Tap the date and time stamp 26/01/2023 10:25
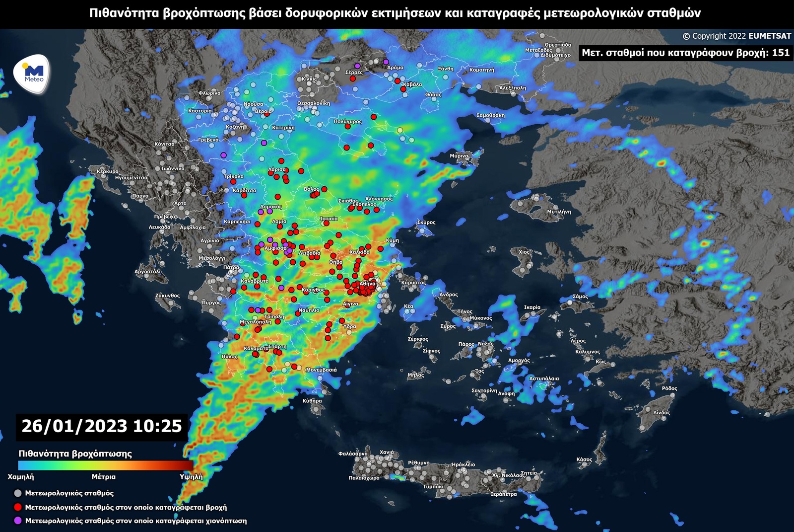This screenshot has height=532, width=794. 102,426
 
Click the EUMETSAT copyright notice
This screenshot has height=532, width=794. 736,36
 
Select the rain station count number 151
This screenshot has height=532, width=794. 781,53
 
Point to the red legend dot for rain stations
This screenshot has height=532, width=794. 18,507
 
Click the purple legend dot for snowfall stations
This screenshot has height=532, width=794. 18,521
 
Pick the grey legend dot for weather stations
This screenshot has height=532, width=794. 18,493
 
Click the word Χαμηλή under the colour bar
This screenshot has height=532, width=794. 21,477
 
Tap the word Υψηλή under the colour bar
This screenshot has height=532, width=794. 191,477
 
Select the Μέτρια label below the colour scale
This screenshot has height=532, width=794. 103,477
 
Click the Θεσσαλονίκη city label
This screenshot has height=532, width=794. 313,103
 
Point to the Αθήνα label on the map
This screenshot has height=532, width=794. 368,284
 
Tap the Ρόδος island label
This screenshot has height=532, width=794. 669,388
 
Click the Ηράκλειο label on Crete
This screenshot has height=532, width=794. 463,465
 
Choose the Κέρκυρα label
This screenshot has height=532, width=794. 108,171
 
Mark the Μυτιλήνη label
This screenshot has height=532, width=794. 559,212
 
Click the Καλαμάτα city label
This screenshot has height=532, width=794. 256,349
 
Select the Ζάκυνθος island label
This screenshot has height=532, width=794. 167,296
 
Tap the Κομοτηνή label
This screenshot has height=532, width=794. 481,70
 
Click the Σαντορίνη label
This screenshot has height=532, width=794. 484,391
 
